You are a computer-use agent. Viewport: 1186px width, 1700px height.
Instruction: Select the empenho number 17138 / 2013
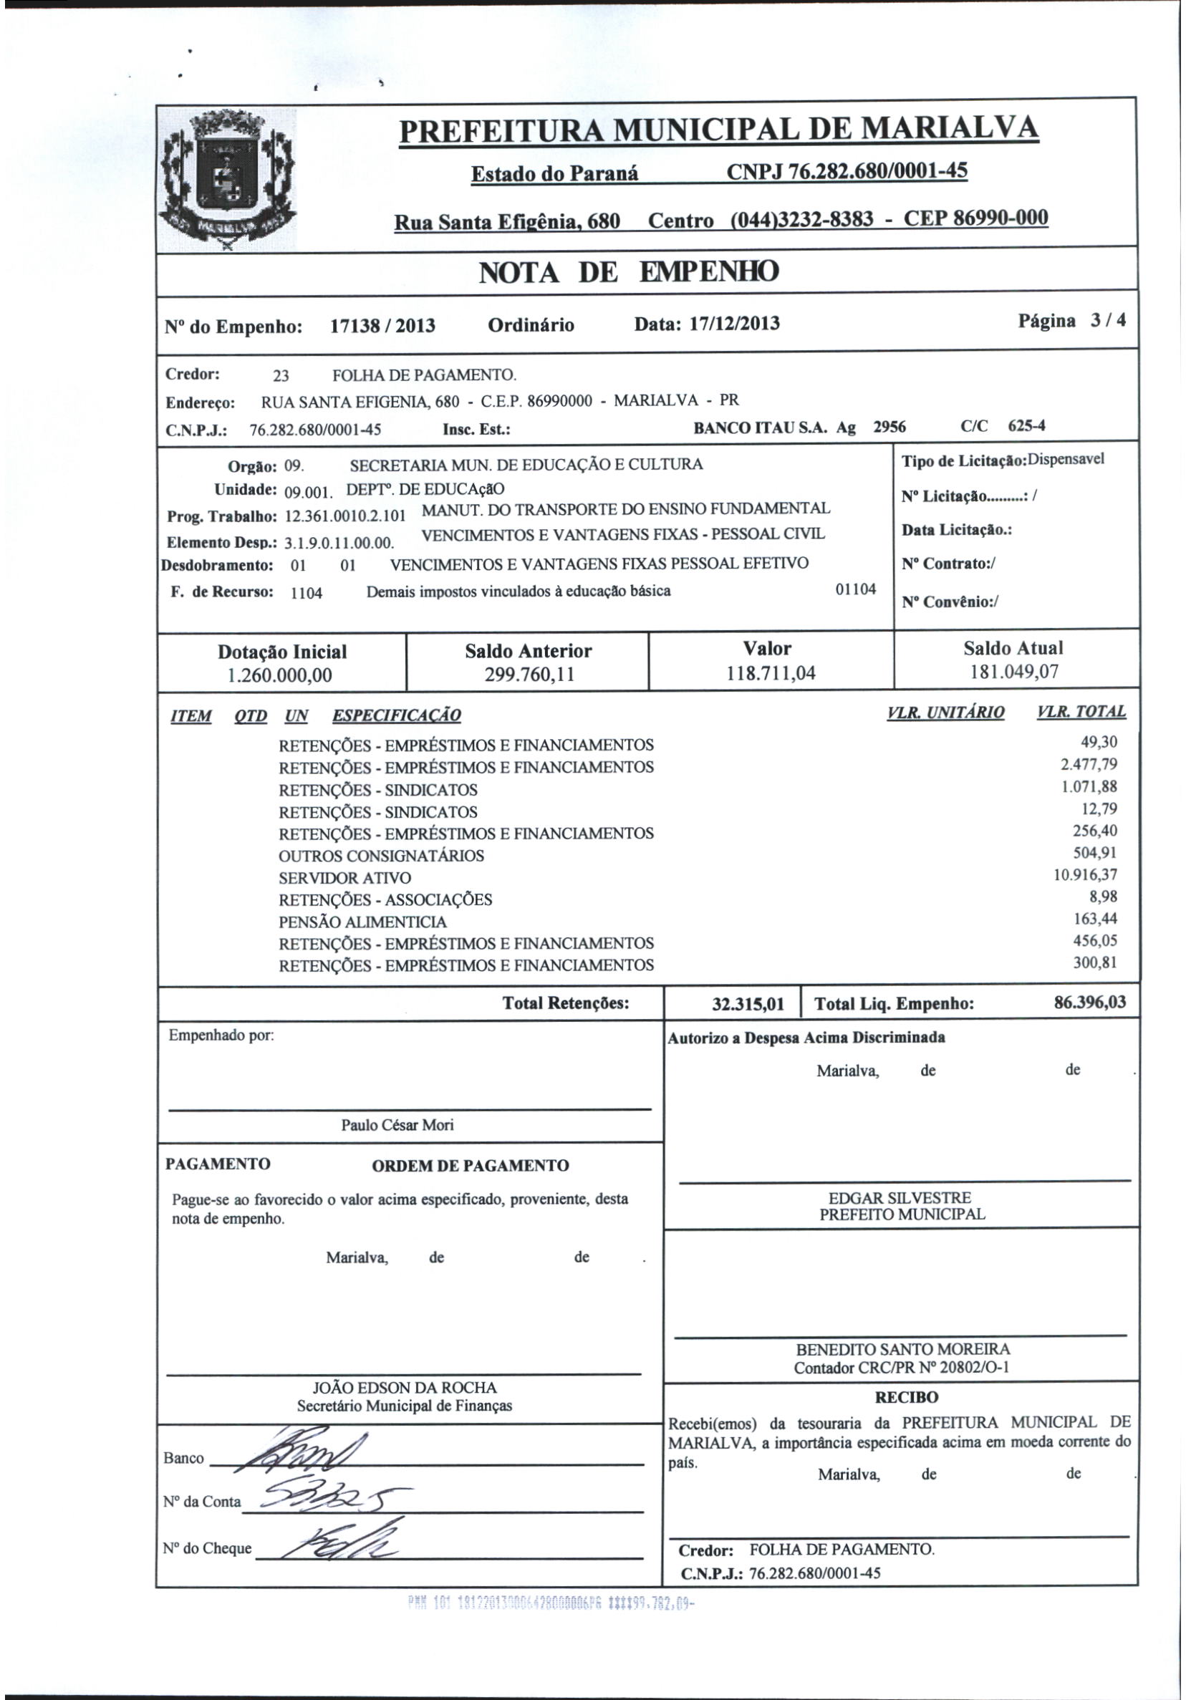coord(382,327)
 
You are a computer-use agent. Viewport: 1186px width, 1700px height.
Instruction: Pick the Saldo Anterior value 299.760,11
coord(528,675)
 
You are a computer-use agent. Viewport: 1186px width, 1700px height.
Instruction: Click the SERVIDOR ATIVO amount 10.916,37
coord(1085,875)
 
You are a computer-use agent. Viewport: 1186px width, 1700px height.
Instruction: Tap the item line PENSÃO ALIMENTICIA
coord(363,922)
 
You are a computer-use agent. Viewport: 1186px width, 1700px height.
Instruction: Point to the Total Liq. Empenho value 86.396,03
coord(1089,1003)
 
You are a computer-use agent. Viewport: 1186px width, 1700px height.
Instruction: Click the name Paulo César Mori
coord(397,1125)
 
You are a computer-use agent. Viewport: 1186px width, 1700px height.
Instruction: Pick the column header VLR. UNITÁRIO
coord(945,713)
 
